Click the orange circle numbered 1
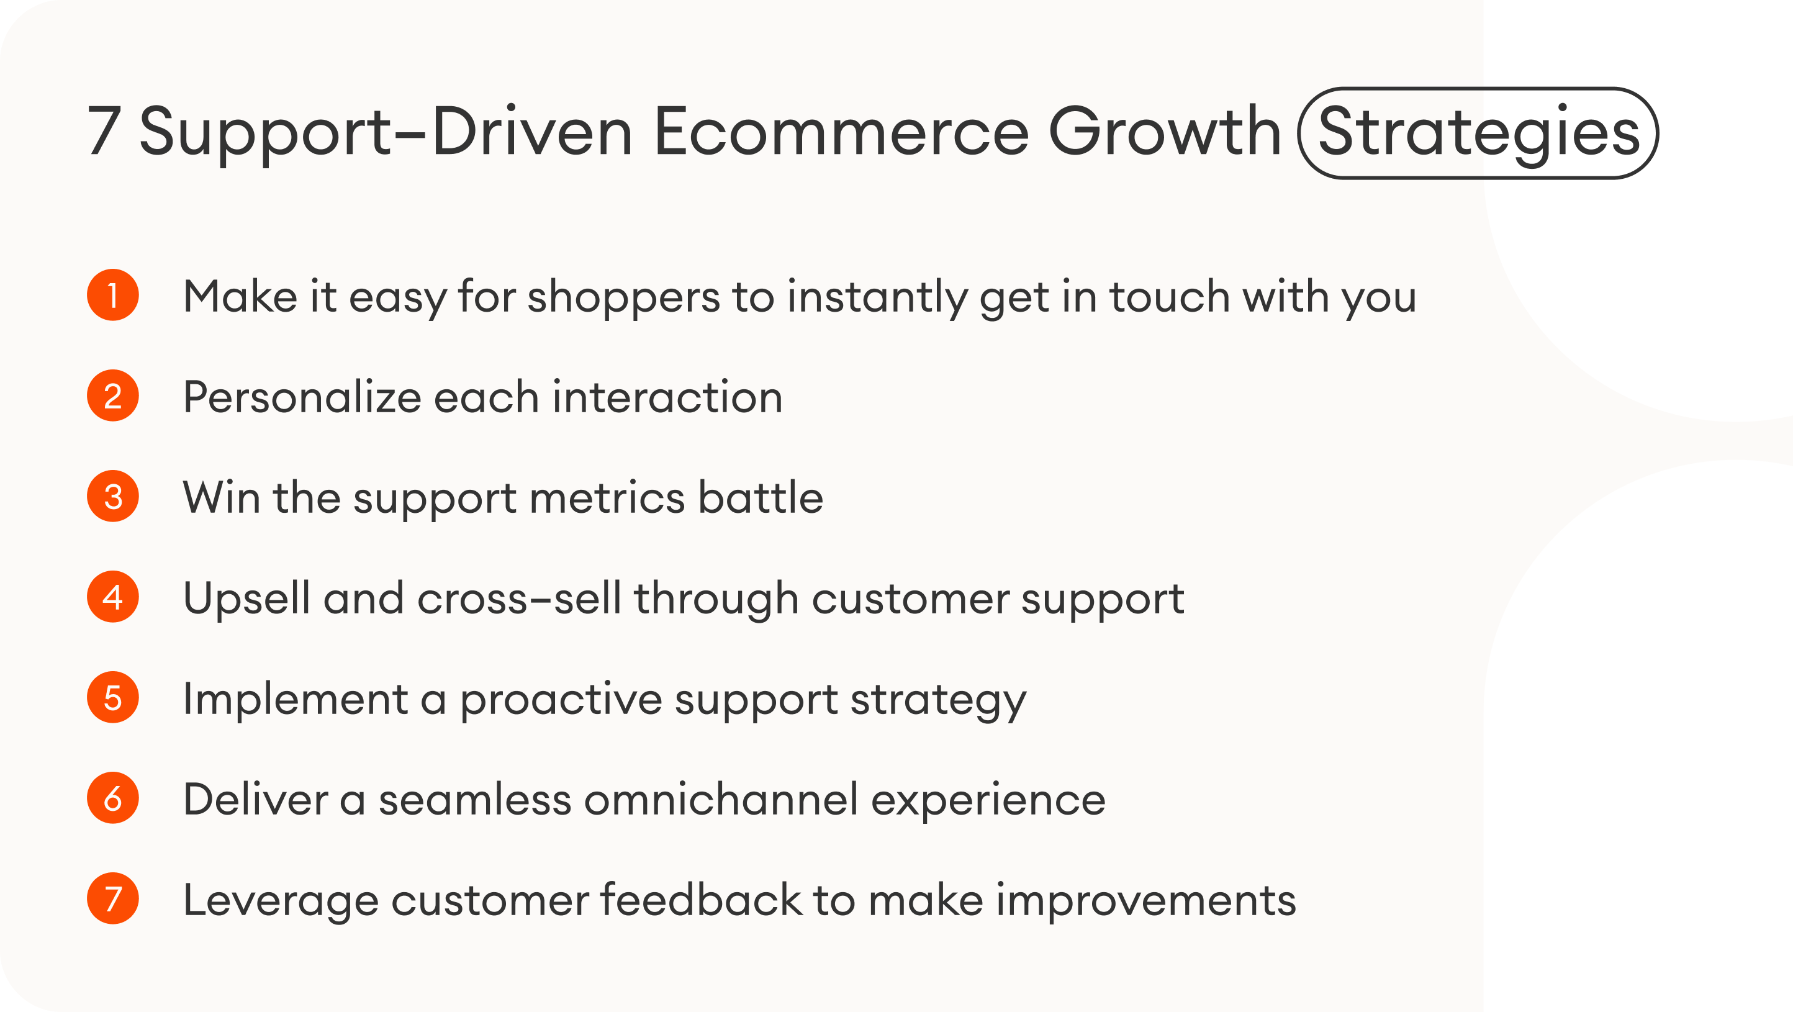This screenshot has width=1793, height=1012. [113, 295]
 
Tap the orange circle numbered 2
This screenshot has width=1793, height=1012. [113, 395]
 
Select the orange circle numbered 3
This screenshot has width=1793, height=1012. [113, 496]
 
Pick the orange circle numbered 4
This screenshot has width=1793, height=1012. [113, 597]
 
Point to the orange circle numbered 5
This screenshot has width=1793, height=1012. [113, 697]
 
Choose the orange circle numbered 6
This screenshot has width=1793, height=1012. [113, 798]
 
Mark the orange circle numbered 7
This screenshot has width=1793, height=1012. [113, 898]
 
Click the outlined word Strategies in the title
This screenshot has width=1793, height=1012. [1478, 132]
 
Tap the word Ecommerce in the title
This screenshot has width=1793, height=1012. [841, 132]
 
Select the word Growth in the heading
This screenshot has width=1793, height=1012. [1164, 132]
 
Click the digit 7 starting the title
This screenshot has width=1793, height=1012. [103, 132]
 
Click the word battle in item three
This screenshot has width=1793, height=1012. [760, 498]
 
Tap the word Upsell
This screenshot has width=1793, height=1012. [246, 599]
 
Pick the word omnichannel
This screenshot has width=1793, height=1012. [720, 799]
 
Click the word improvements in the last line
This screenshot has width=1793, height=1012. [1145, 901]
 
